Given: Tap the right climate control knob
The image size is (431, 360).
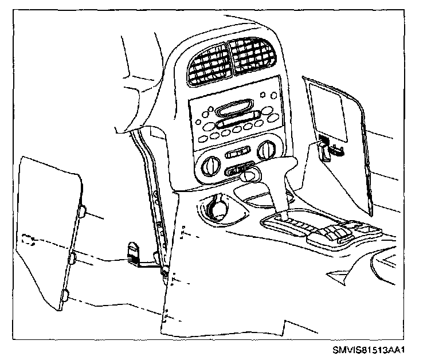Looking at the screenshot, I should (x=265, y=151).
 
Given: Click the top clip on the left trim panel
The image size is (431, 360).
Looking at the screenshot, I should (x=83, y=212).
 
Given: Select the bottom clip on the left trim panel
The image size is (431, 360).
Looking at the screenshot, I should (x=65, y=296).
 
